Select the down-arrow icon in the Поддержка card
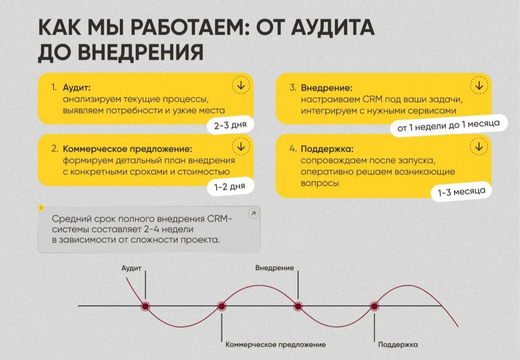pos(479,146)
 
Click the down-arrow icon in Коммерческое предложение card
pos(241,146)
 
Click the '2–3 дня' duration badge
pos(230,126)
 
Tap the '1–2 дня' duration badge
pos(230,187)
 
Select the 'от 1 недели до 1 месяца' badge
pos(448,126)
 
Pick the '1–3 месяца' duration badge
pos(461,192)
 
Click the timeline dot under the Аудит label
pos(145,306)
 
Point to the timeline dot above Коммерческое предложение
pos(221,306)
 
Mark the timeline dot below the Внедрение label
pos(298,306)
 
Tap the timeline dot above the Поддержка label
pos(375,306)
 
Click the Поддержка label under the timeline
pos(398,345)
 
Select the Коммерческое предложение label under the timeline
pos(275,345)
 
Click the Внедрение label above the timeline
pos(274,268)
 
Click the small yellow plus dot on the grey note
pos(41,208)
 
